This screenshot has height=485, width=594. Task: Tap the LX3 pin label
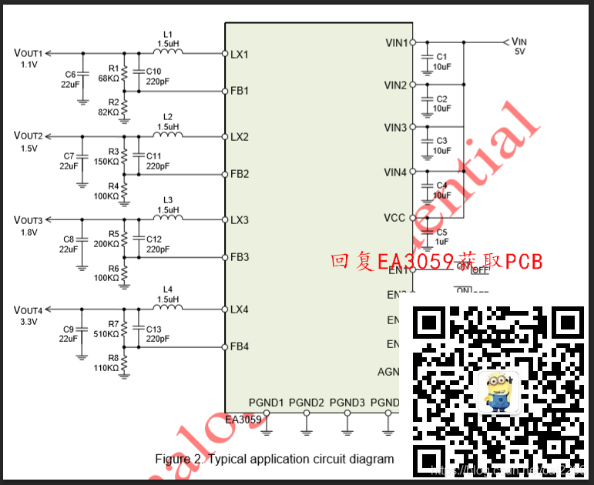239,220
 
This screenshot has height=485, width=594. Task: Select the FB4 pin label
239,346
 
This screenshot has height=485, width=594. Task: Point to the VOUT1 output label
29,53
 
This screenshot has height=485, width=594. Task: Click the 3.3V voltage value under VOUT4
29,322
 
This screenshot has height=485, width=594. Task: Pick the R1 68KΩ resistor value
109,78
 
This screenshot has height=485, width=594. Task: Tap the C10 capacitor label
154,71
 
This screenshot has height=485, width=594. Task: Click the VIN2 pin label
395,85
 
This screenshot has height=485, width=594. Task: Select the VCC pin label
394,218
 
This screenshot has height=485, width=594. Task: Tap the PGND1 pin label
266,402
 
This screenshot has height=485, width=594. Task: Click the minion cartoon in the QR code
499,390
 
